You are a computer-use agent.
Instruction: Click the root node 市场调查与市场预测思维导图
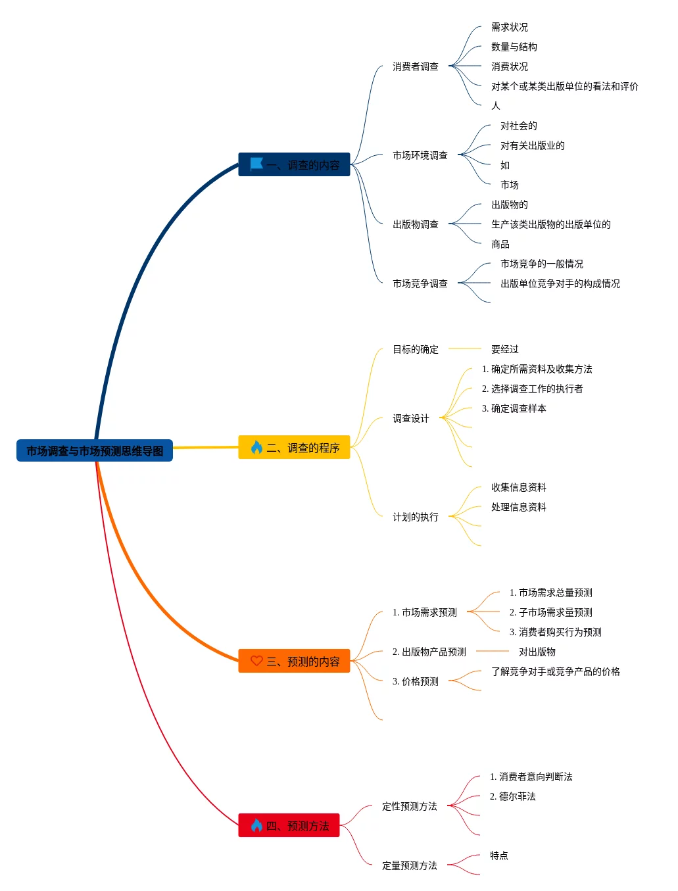click(x=95, y=451)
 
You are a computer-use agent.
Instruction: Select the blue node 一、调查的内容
click(x=294, y=165)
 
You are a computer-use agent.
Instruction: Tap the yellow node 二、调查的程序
click(x=294, y=448)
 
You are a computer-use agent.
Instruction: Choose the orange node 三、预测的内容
click(x=294, y=662)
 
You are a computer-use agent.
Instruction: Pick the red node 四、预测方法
click(x=289, y=826)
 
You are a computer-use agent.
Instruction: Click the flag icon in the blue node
click(x=256, y=164)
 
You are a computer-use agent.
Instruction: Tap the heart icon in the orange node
click(x=256, y=661)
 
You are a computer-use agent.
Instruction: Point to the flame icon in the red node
click(x=256, y=825)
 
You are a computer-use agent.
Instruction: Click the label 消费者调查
click(x=415, y=66)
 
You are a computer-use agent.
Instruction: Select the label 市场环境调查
click(x=420, y=155)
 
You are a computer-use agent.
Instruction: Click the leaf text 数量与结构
click(x=514, y=47)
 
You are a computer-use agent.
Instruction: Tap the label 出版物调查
click(x=415, y=224)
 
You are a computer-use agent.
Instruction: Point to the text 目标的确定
click(x=415, y=349)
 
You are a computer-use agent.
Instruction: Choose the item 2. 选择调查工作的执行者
click(x=532, y=389)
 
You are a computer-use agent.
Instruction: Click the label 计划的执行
click(x=415, y=517)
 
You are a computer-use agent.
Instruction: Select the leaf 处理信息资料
click(x=518, y=507)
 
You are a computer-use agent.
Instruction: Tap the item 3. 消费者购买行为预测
click(x=555, y=632)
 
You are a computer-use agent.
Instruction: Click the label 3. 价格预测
click(x=415, y=681)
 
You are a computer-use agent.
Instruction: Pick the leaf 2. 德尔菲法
click(x=512, y=796)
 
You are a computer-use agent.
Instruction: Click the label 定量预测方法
click(x=409, y=865)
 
